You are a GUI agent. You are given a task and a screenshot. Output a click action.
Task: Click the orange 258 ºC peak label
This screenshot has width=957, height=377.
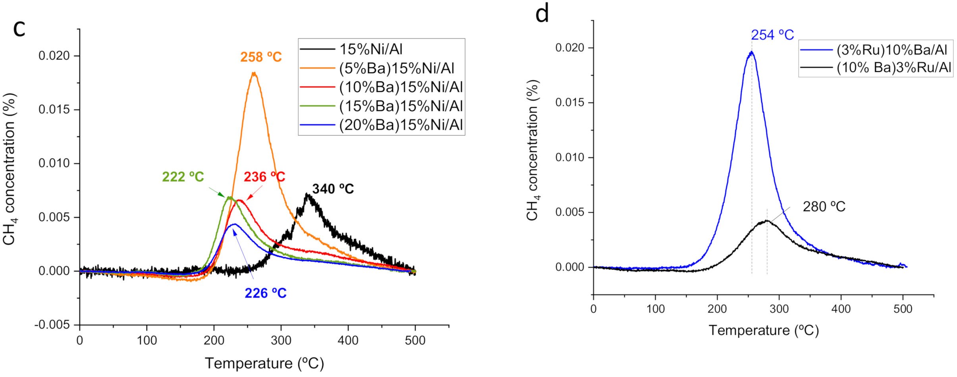click(x=261, y=57)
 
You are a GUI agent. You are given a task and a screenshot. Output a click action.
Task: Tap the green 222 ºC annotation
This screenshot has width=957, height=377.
click(x=183, y=177)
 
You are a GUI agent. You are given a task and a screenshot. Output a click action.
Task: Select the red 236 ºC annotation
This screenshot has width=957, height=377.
click(x=264, y=177)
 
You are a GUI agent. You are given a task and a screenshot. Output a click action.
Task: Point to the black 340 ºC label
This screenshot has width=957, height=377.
click(x=333, y=189)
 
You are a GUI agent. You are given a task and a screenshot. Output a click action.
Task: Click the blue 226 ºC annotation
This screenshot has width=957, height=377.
click(x=265, y=293)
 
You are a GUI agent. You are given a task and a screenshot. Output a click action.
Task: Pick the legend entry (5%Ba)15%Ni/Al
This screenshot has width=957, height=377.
click(x=396, y=68)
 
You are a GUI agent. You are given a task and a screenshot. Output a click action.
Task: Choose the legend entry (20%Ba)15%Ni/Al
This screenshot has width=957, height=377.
click(x=401, y=125)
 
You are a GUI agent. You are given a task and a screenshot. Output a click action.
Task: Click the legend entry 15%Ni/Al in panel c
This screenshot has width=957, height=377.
click(x=370, y=49)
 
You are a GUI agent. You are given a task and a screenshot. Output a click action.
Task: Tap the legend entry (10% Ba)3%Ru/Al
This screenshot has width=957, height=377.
click(x=894, y=68)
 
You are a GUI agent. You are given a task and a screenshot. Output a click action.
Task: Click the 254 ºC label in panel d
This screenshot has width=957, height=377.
click(x=772, y=35)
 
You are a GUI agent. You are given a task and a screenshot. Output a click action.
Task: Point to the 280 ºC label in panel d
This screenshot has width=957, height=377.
click(x=824, y=207)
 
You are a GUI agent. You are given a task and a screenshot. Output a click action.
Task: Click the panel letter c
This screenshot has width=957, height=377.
click(x=19, y=29)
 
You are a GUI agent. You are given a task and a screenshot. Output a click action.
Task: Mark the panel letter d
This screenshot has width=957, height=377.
click(x=542, y=14)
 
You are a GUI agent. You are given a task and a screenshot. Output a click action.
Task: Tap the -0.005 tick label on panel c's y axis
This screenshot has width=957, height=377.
click(x=52, y=325)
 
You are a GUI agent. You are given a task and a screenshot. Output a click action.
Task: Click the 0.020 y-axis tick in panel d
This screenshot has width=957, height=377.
click(x=569, y=48)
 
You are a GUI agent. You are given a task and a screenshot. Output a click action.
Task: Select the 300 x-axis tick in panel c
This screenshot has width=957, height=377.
click(x=281, y=340)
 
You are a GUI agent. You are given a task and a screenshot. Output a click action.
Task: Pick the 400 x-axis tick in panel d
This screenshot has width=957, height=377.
click(x=841, y=309)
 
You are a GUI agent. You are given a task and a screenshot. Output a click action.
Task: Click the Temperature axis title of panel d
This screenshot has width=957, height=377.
click(x=764, y=331)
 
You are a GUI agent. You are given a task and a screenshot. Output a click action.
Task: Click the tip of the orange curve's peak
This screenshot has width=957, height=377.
click(x=254, y=73)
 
